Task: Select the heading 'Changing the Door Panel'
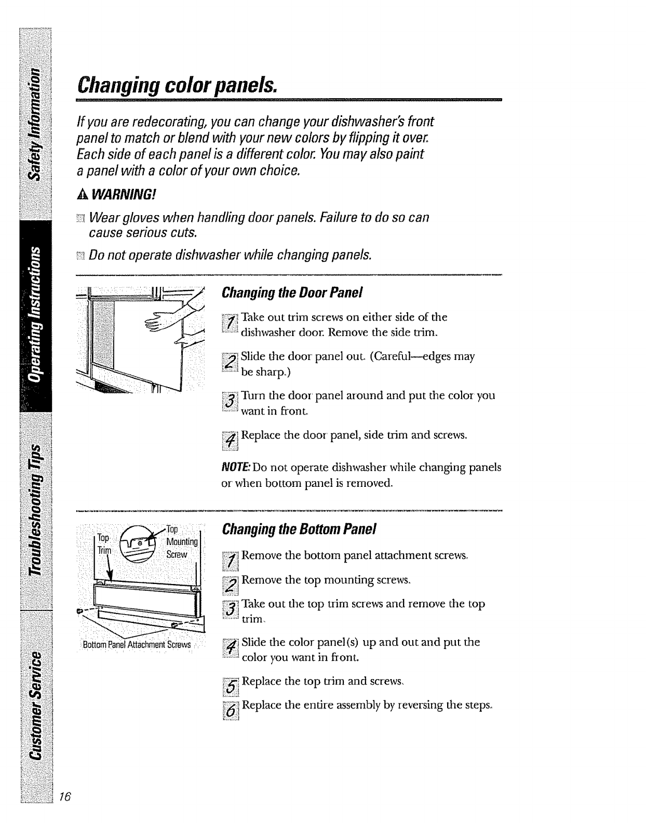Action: (x=291, y=294)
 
